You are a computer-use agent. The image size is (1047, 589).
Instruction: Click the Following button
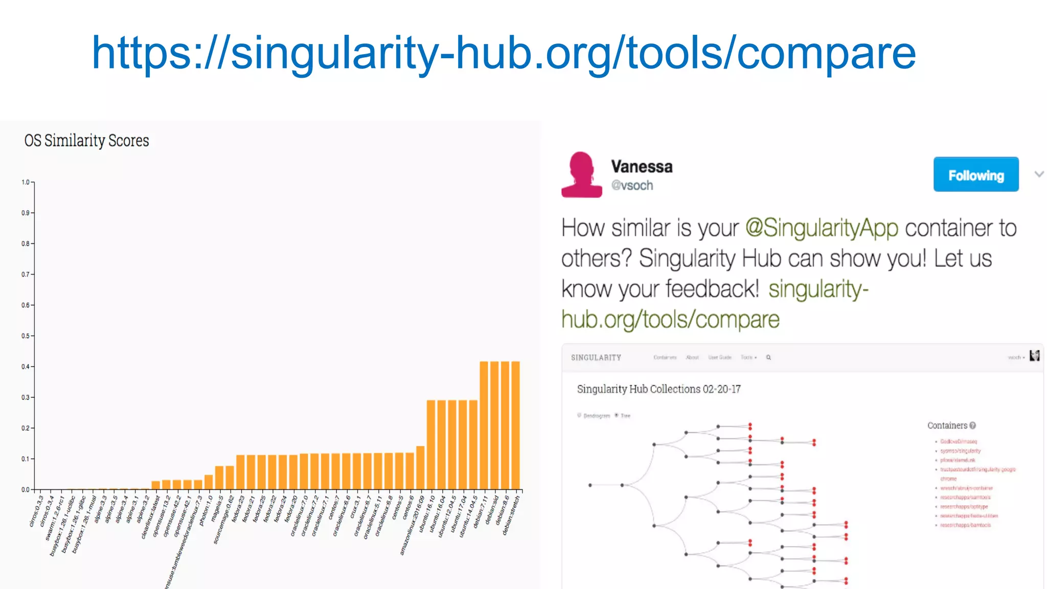975,174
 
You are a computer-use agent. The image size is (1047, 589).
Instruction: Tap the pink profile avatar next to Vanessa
582,174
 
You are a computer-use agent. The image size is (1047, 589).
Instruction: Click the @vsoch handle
632,186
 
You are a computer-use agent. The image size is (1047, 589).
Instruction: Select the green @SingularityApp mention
822,228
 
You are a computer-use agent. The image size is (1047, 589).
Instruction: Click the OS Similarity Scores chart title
86,141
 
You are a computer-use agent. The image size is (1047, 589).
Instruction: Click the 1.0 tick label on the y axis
26,182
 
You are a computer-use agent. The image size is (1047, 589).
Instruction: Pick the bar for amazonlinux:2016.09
420,468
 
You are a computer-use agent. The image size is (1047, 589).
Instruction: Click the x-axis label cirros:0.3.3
36,511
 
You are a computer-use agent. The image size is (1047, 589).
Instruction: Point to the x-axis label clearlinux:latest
151,517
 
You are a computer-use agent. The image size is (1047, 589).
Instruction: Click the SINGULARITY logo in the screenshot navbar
596,358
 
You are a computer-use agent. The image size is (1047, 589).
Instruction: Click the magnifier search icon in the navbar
768,357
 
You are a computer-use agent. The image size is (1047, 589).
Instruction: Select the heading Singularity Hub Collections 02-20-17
658,389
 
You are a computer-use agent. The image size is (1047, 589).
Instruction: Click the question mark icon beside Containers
972,425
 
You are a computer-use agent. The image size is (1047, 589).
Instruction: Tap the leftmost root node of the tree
590,485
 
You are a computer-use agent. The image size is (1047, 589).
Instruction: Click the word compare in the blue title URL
826,53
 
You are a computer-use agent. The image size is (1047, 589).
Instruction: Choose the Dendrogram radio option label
597,416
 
